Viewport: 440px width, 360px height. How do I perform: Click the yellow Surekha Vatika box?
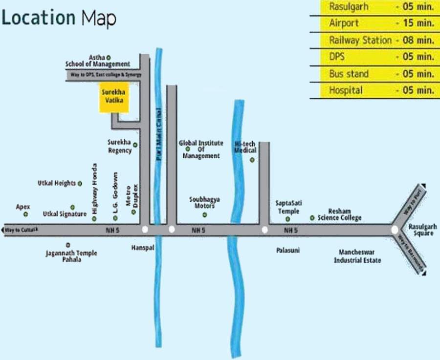point(114,97)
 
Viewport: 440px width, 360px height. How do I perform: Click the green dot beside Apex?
point(26,214)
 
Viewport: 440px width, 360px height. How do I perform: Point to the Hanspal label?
point(142,248)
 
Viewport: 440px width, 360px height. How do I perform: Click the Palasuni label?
point(287,250)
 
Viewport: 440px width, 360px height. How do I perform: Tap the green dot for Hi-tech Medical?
point(252,160)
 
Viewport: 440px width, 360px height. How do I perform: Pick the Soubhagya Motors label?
point(204,203)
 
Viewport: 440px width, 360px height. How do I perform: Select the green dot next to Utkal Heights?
point(80,183)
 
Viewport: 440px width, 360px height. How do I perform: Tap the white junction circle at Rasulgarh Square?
point(395,229)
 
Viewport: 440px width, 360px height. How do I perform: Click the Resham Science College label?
point(339,214)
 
